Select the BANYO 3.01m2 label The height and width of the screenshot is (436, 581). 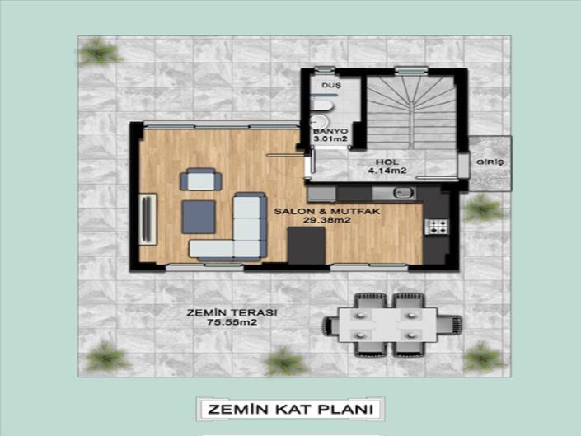pyautogui.click(x=330, y=135)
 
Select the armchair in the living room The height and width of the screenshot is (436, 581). pyautogui.click(x=200, y=179)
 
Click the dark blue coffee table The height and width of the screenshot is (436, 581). pyautogui.click(x=199, y=216)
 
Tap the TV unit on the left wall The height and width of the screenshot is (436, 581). pyautogui.click(x=148, y=216)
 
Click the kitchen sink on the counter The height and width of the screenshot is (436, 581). pyautogui.click(x=403, y=194)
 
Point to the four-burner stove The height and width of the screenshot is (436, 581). pyautogui.click(x=436, y=224)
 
